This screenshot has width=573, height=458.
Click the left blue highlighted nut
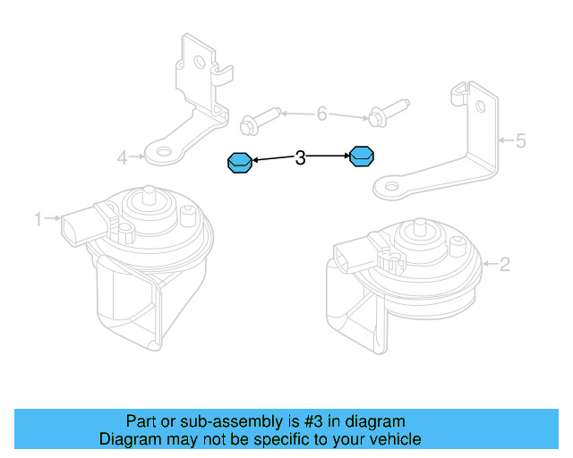coord(239,163)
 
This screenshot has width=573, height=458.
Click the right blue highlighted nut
coord(361,157)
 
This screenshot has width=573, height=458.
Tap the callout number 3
coord(301,158)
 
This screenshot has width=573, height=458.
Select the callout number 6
coord(321,114)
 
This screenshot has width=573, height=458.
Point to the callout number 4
coord(122,158)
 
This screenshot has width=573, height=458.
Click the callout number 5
coord(520,140)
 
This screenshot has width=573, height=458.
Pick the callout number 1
coord(38,218)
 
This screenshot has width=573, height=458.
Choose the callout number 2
coord(504,263)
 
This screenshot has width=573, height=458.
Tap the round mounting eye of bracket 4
coord(161,153)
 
